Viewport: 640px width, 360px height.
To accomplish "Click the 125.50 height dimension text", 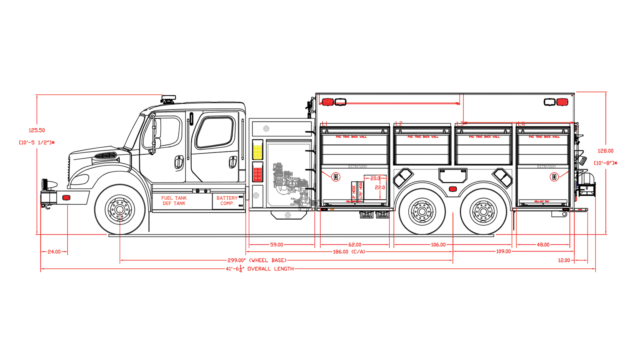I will coord(37,130).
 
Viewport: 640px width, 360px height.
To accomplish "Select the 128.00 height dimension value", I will coord(605,151).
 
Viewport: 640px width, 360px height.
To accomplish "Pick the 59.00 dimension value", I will coord(276,244).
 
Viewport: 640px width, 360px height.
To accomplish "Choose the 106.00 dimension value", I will coord(438,244).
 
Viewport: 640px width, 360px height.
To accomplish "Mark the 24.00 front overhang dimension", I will coord(54,252).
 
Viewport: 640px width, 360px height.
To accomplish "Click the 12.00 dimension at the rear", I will coord(564,260).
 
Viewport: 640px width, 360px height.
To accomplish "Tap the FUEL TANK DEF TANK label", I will coord(174,201).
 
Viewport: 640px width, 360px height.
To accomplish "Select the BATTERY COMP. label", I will coord(227,201).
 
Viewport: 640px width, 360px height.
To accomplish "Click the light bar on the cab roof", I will coord(168,98).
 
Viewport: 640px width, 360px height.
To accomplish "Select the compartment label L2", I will coord(398,124).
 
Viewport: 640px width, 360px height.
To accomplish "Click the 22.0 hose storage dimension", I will coord(380,187).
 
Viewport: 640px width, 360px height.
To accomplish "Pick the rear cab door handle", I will coord(232,162).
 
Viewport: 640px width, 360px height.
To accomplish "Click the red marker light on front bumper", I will coord(66,198).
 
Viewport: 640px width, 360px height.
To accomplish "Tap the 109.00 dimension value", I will coord(503,252).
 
